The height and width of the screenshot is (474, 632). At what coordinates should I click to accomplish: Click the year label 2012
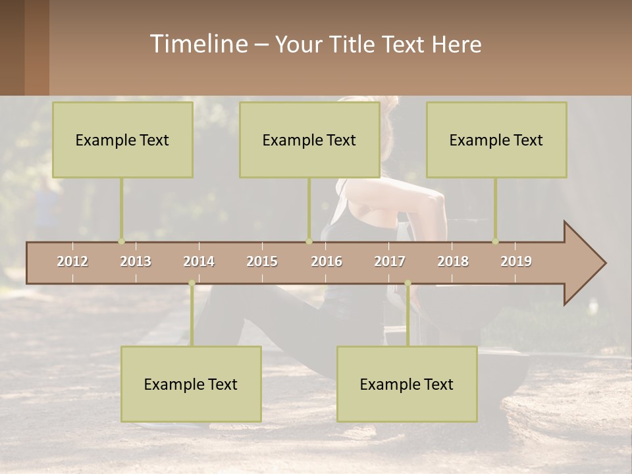tap(72, 261)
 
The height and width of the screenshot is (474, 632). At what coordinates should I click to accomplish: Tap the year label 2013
tap(136, 261)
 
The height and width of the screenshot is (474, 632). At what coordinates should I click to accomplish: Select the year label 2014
tap(199, 261)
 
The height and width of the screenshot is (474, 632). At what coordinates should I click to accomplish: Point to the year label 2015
tap(262, 261)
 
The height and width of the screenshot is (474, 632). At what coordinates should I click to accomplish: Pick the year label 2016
tap(327, 261)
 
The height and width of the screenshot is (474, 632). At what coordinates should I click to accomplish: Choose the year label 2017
tap(390, 261)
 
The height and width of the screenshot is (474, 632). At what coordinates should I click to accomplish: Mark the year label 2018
tap(453, 261)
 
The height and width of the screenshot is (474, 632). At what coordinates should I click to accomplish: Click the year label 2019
tap(516, 261)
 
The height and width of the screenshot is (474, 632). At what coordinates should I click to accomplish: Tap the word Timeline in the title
tap(198, 44)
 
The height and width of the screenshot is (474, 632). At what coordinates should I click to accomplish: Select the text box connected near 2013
tap(122, 140)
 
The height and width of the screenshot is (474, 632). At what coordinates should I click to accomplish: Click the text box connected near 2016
tap(309, 140)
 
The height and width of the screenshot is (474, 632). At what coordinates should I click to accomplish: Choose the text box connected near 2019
tap(496, 140)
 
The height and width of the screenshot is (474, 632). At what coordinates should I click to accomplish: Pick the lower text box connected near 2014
tap(191, 384)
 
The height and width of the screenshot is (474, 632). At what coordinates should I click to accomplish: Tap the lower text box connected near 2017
tap(407, 384)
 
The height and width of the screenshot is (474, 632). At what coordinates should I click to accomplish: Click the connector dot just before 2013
tap(121, 242)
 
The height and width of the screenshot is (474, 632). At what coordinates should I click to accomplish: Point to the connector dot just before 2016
tap(309, 242)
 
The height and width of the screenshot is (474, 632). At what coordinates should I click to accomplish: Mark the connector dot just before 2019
tap(495, 242)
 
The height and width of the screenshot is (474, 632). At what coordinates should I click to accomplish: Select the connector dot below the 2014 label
tap(192, 283)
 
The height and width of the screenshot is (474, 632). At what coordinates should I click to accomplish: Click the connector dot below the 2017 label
tap(408, 283)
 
